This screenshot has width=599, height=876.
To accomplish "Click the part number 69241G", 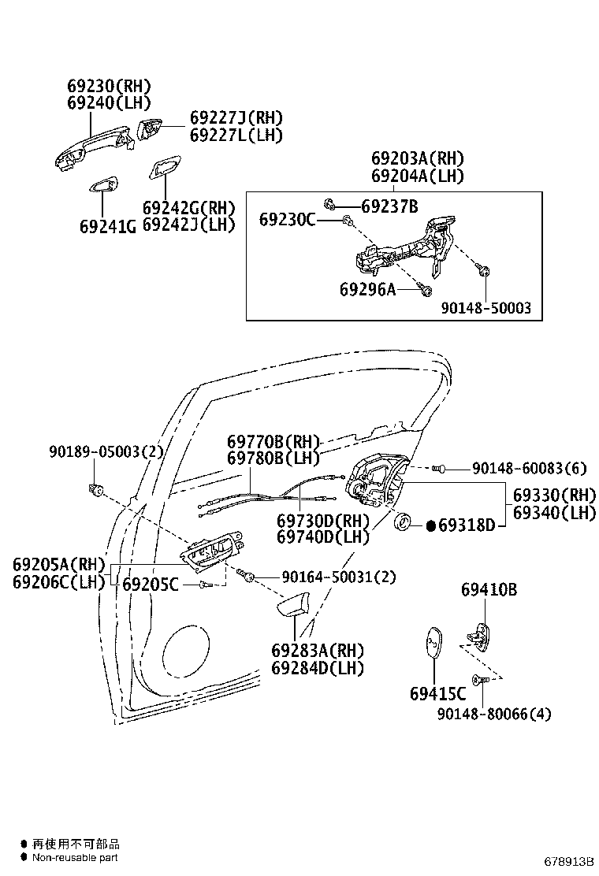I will [107, 226].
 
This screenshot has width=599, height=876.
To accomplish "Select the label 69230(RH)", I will [108, 86].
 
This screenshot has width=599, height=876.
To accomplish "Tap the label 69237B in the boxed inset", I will [389, 206].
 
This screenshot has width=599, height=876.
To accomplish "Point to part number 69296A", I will [367, 289].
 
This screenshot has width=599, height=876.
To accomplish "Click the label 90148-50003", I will [486, 308].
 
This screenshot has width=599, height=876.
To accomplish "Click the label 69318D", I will [467, 525].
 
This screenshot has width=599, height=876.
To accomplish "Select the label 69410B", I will [489, 589].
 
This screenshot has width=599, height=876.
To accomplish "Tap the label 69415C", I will [437, 694].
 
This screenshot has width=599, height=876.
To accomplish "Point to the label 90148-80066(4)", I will [494, 714].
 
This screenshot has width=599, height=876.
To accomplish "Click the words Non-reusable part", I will [76, 856].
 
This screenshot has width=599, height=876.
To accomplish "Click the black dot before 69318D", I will [431, 525].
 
